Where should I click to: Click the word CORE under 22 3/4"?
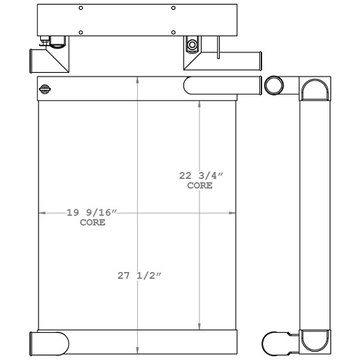[200, 185]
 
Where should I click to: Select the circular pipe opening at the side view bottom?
[274, 341]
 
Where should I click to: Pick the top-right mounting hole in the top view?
[174, 8]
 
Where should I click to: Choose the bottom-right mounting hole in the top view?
[174, 33]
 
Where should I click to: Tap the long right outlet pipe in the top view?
[243, 58]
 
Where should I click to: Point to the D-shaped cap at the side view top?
[315, 91]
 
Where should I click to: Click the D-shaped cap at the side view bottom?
[315, 340]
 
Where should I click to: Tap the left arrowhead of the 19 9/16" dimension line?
[42, 214]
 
